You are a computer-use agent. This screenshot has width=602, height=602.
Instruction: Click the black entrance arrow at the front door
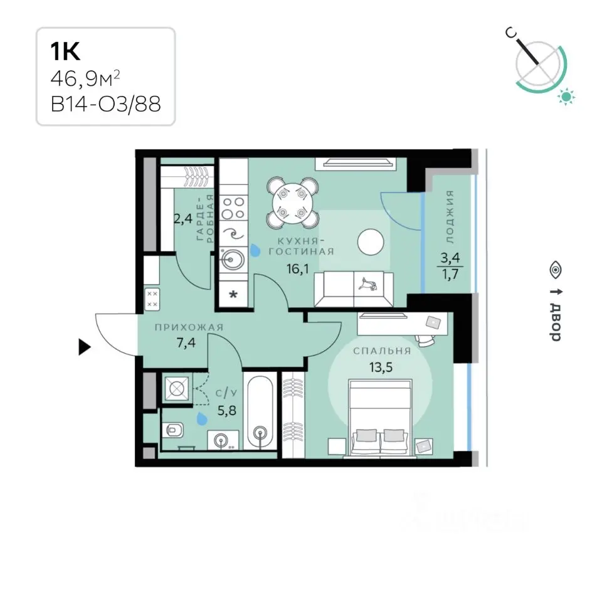click(x=84, y=347)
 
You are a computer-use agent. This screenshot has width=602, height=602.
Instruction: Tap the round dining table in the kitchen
click(x=293, y=203)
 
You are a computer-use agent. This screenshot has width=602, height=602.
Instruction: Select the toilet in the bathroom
click(x=173, y=431)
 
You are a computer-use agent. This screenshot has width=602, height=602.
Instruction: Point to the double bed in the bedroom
click(x=380, y=418)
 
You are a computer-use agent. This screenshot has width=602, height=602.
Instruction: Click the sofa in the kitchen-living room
click(x=353, y=288)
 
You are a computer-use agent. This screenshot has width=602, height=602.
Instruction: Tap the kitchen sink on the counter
click(x=232, y=259)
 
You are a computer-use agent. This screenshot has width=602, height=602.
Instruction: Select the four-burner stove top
click(x=233, y=208)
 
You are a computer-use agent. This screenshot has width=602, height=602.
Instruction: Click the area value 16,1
click(x=297, y=269)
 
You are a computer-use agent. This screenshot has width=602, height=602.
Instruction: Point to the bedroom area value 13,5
click(x=381, y=367)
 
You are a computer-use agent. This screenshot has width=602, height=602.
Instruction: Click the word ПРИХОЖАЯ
click(x=189, y=327)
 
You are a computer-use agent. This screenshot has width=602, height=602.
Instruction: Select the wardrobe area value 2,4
click(x=183, y=219)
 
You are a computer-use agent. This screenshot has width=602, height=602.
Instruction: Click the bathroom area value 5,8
click(x=227, y=411)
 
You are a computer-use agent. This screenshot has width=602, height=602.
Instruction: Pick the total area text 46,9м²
click(x=85, y=79)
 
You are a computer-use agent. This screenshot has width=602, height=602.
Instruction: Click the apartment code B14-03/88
click(x=105, y=103)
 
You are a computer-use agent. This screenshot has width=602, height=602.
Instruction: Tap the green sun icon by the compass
click(x=566, y=96)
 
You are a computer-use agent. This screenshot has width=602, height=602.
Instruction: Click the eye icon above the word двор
click(x=556, y=270)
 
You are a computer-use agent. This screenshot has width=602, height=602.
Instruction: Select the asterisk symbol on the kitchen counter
click(x=233, y=295)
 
